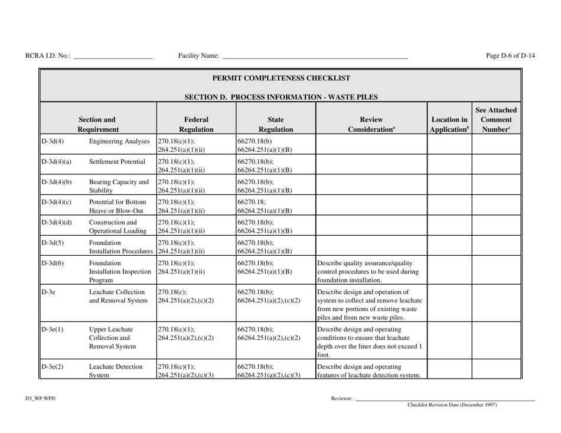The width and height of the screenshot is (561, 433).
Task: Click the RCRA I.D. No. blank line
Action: [112, 57]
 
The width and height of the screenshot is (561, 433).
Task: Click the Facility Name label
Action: [198, 56]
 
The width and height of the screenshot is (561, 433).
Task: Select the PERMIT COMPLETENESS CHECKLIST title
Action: [281, 77]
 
